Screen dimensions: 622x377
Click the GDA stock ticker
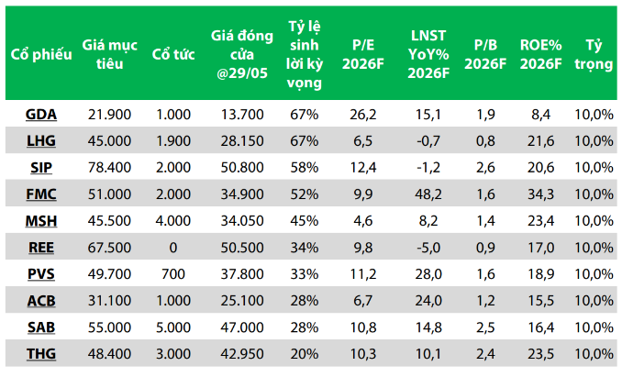click(41, 115)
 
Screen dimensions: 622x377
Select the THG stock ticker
click(41, 354)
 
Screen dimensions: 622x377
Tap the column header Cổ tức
click(173, 54)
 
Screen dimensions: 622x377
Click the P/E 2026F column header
click(363, 54)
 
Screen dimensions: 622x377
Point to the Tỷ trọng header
click(594, 54)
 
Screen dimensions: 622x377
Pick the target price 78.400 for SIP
click(109, 168)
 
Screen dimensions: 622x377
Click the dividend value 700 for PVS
click(173, 274)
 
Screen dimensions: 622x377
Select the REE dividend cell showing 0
click(173, 248)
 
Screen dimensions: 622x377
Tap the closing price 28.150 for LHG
click(242, 141)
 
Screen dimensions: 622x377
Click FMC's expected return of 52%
click(305, 194)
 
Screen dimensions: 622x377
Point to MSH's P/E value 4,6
click(363, 221)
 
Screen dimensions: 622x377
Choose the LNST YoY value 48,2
click(428, 194)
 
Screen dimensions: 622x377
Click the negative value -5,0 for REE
click(428, 248)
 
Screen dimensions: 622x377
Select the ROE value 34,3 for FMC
click(541, 194)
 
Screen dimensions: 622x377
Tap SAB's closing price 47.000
click(242, 327)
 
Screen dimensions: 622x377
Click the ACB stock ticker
click(41, 301)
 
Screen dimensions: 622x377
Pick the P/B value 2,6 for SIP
click(485, 168)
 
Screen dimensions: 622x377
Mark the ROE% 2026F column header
click(541, 54)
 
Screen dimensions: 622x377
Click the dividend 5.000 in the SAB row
click(173, 327)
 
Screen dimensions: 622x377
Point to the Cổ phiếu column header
click(41, 54)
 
